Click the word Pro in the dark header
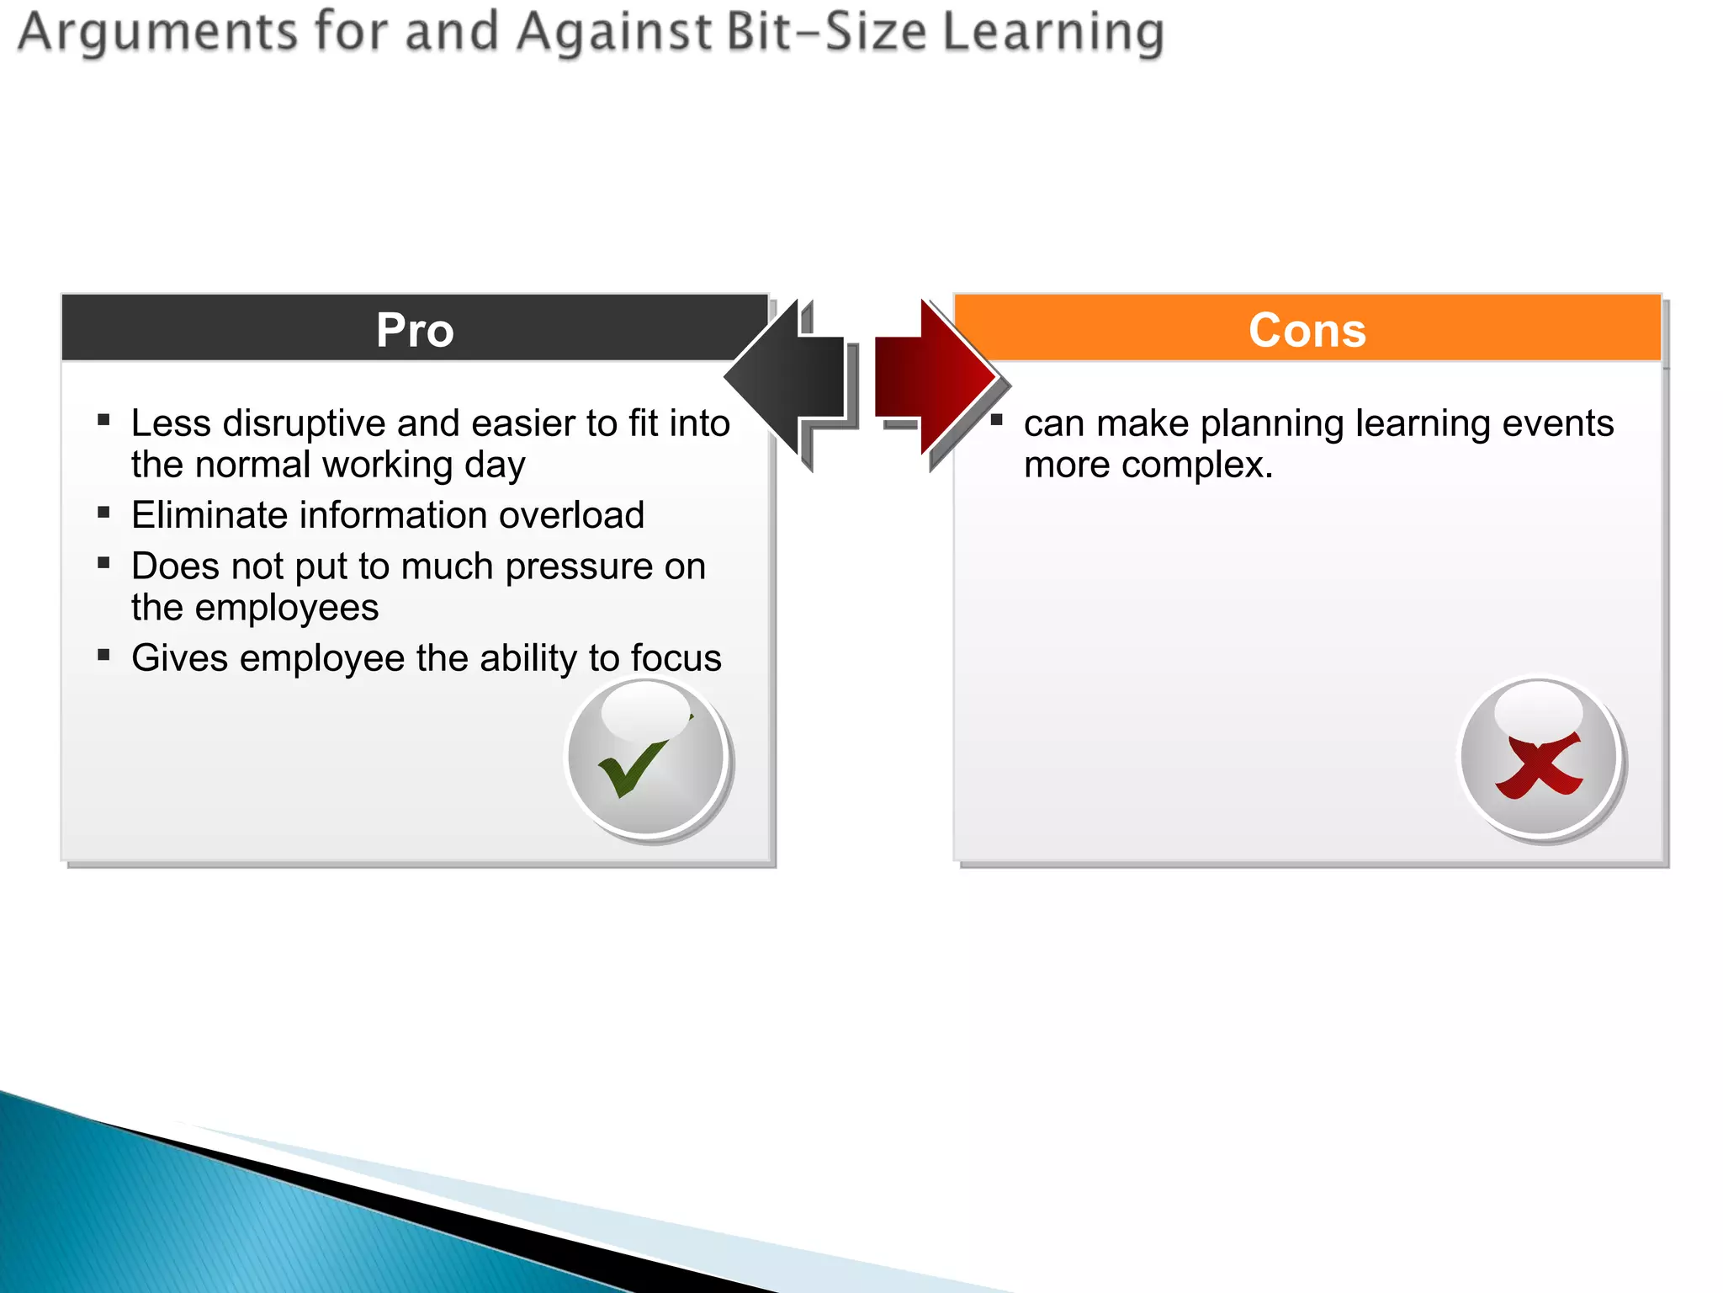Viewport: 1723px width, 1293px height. (415, 330)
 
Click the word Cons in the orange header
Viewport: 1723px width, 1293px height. (1307, 330)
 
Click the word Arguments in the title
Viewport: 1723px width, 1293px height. (158, 32)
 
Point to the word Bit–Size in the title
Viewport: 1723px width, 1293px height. (824, 32)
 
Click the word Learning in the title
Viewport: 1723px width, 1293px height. (1052, 32)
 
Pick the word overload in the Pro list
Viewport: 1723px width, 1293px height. (571, 515)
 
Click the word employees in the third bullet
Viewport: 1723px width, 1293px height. (287, 608)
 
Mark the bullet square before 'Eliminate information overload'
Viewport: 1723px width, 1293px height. (104, 512)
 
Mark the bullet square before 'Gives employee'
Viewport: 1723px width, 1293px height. (104, 655)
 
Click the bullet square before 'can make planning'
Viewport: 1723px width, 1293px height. (997, 420)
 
